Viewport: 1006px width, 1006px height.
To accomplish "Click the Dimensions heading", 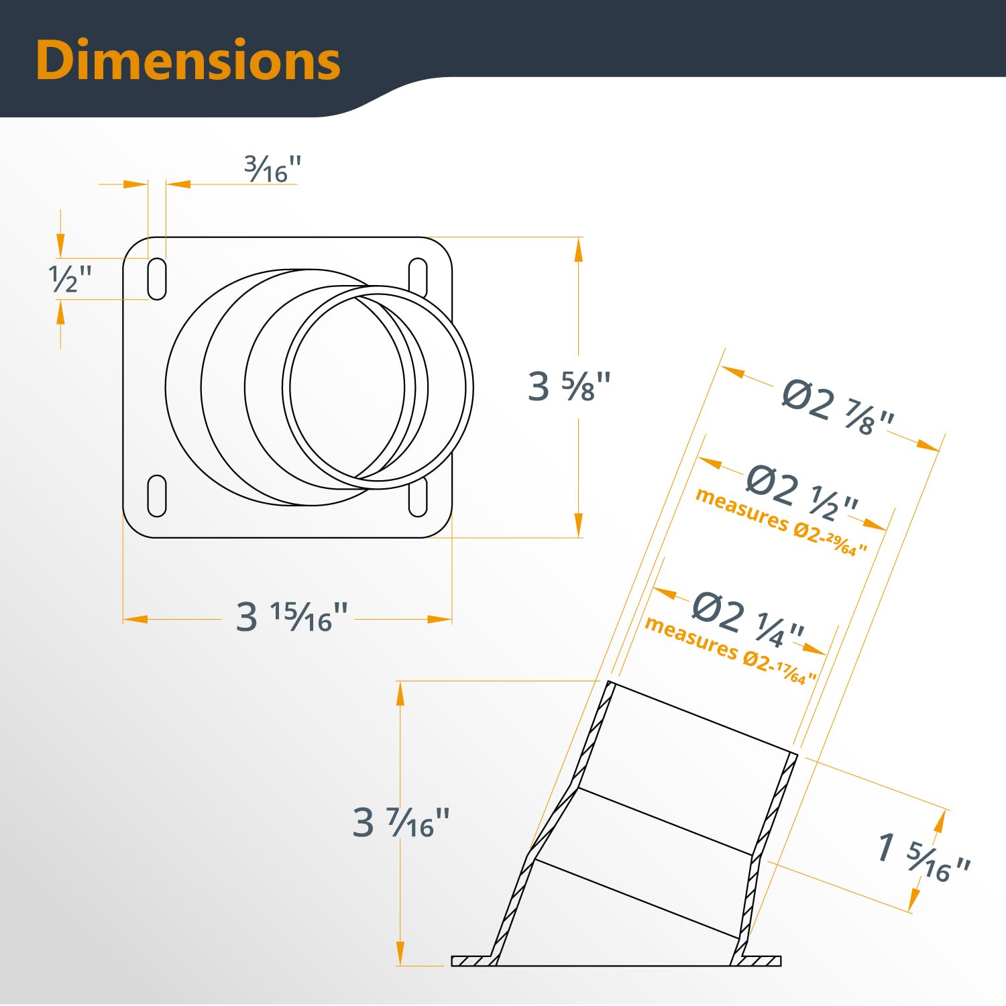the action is click(188, 60).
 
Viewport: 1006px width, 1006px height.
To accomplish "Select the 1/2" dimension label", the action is click(70, 278).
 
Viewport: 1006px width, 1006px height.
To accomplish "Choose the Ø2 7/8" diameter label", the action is click(838, 408).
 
